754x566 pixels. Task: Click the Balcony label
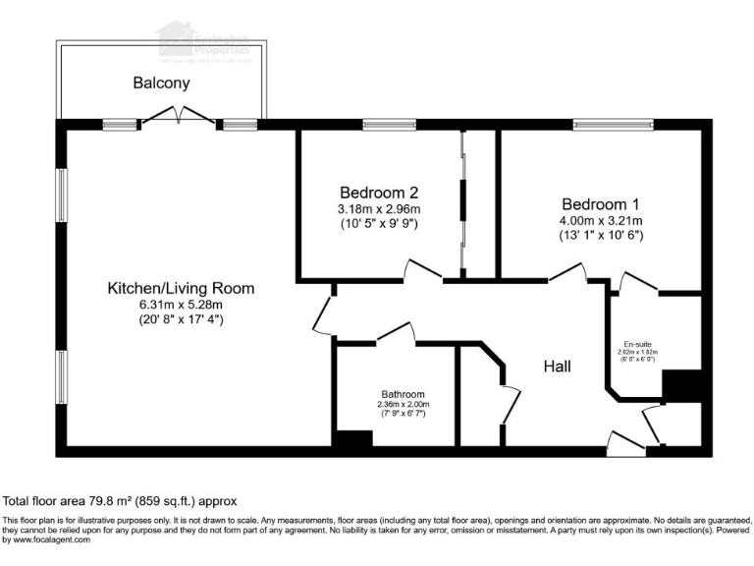[161, 84]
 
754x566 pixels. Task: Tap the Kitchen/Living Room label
[181, 288]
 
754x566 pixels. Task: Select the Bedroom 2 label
[379, 193]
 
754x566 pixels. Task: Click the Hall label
[558, 366]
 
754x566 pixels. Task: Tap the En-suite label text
[635, 344]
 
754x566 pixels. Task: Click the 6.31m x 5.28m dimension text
[181, 305]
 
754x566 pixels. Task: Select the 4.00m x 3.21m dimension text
[600, 220]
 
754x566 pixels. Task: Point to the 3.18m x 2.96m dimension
[379, 209]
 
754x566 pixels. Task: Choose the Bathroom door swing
[396, 332]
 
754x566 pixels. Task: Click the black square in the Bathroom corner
[352, 439]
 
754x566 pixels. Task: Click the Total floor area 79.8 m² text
[120, 500]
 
